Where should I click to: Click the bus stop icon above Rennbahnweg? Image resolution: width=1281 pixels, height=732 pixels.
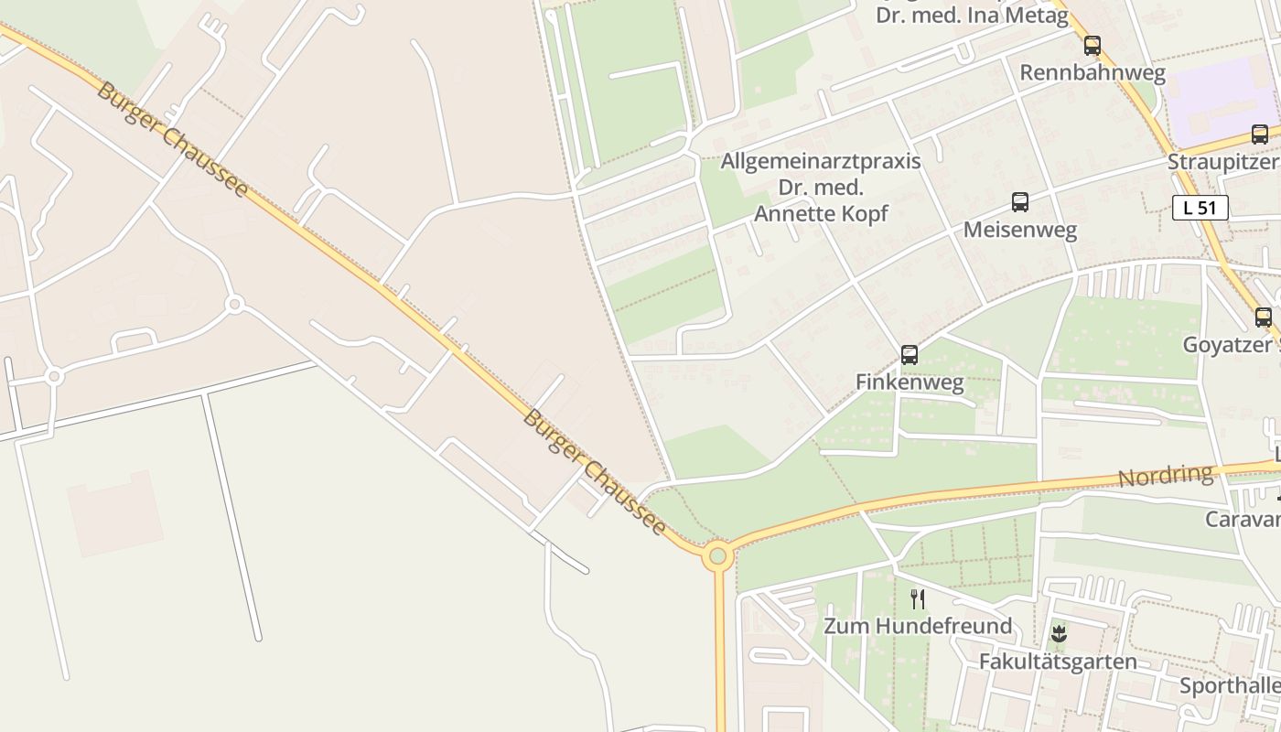1092,45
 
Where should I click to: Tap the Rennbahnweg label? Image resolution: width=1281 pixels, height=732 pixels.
1093,73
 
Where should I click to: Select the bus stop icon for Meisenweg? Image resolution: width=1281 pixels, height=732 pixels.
1020,202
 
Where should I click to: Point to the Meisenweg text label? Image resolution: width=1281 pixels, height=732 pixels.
1020,230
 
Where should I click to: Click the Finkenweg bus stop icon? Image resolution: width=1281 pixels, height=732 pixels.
910,354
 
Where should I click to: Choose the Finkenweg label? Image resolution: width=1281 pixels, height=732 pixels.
910,382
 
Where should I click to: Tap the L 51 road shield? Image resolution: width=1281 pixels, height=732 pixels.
1200,208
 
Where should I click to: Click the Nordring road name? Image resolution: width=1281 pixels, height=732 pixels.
1165,477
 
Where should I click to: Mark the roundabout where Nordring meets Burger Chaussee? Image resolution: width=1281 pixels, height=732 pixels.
718,555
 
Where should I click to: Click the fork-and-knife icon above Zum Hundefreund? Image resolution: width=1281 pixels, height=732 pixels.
918,599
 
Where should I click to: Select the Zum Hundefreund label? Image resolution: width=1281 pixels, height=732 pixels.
918,627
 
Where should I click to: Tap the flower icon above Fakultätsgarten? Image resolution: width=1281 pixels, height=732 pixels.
1059,634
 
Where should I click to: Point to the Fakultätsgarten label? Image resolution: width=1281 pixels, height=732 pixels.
1058,662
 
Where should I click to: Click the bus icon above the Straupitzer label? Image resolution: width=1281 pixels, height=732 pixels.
1260,135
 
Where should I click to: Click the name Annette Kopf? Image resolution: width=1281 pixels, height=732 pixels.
821,214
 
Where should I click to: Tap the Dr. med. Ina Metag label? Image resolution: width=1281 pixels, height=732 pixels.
972,16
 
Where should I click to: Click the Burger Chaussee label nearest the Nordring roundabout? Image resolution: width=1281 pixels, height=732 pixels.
594,472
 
